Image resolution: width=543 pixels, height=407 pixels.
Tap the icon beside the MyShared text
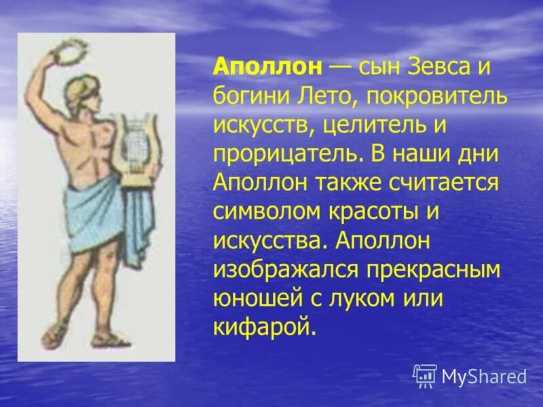(424, 375)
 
